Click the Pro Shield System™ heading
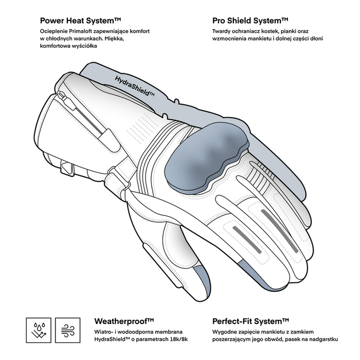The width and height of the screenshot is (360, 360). [x=250, y=21]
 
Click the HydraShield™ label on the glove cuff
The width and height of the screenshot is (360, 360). [x=135, y=86]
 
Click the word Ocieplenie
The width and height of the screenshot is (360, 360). [x=53, y=32]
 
